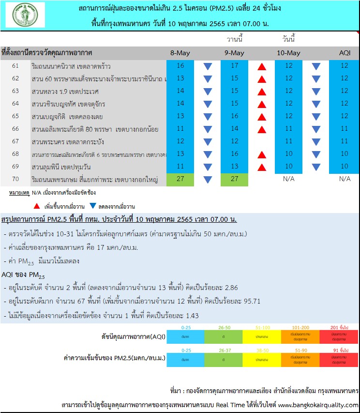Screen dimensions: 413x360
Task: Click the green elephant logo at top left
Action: coord(25,15)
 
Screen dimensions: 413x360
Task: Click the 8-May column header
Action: coord(180,53)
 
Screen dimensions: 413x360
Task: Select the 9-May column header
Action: coord(235,53)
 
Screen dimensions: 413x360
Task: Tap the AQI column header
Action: coord(345,53)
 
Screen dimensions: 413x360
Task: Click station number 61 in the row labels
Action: coord(15,66)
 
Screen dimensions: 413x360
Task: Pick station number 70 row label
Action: coord(15,179)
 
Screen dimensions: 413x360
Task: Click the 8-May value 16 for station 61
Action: coord(180,66)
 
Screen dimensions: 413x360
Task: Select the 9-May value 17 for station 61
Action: coord(235,66)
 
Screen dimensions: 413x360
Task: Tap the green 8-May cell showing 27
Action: coord(180,179)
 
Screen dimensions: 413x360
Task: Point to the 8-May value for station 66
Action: coord(180,129)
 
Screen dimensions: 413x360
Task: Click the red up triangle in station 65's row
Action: coord(262,117)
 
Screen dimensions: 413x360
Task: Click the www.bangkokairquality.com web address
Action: coord(318,405)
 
